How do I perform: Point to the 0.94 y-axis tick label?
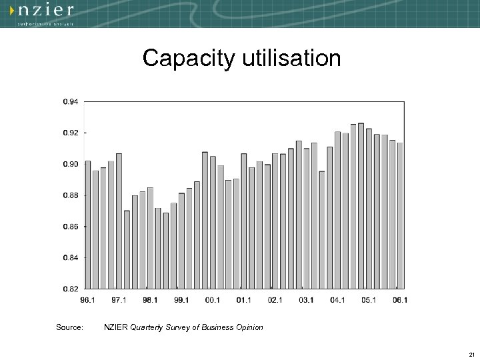(71, 102)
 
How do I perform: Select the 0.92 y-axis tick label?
(71, 133)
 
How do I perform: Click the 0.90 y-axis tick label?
(71, 164)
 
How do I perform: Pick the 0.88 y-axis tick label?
(71, 195)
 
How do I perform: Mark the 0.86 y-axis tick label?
(71, 227)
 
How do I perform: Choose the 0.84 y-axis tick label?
(71, 257)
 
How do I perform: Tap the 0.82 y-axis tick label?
(71, 289)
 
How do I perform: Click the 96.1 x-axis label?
(87, 300)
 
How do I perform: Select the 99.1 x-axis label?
(181, 300)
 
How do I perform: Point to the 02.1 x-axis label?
(275, 300)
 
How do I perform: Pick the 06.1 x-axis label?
(400, 300)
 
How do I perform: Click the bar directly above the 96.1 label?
(88, 227)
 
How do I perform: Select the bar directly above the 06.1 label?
(400, 217)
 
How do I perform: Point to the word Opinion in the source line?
(249, 327)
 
